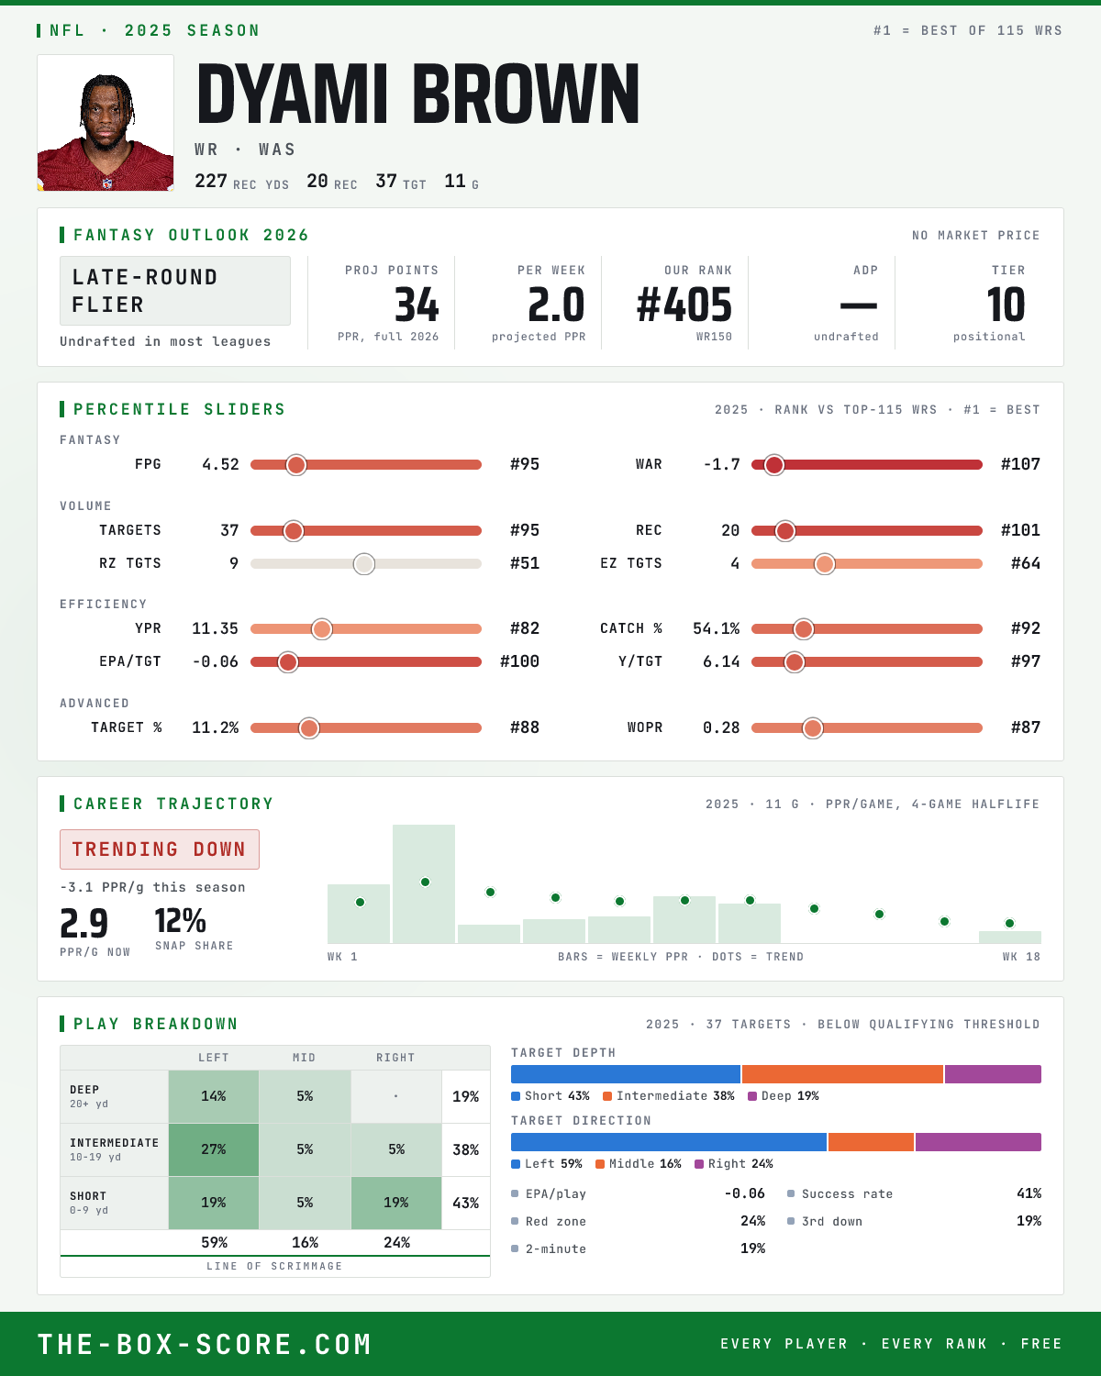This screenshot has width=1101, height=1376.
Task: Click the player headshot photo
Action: coord(106,123)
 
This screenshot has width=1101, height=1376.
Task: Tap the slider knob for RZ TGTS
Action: coord(364,563)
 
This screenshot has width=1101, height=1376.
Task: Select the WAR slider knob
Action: coord(774,465)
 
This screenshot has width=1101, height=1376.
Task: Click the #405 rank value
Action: coord(684,305)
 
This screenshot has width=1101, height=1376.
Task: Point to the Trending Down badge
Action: coord(160,849)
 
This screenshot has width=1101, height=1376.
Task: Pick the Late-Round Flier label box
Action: coord(174,291)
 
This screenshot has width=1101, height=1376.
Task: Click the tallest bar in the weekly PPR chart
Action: coord(424,883)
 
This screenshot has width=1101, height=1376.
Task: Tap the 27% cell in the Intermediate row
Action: coord(214,1149)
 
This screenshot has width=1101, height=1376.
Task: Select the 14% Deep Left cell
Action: coord(214,1096)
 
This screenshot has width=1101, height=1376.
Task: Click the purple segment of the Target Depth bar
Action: coord(993,1074)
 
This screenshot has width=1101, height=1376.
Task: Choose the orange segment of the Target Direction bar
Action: coord(871,1142)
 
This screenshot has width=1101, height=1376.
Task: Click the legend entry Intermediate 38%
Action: coord(669,1096)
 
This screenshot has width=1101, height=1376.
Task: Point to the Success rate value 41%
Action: coord(1029,1193)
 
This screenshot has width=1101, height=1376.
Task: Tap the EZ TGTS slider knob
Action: coord(825,563)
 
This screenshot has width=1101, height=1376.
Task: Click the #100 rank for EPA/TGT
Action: coord(519,661)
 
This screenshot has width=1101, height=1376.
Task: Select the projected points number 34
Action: coord(417,305)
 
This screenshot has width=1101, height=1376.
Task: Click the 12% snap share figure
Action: coord(181,921)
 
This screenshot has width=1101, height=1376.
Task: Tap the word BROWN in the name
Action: coord(526,94)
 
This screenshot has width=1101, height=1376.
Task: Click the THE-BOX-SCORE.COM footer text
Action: coord(204,1344)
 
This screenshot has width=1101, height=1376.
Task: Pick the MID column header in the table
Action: coord(305,1058)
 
